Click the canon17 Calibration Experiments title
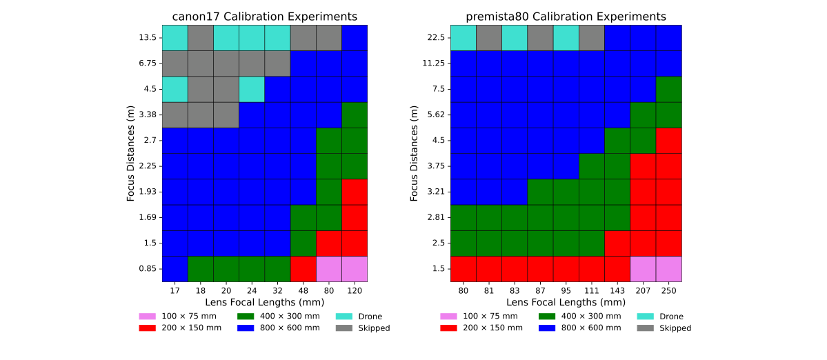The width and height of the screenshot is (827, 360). [264, 16]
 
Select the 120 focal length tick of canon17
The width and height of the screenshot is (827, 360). [354, 292]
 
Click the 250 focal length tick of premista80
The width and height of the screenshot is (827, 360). [668, 292]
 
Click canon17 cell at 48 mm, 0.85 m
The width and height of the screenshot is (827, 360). [303, 269]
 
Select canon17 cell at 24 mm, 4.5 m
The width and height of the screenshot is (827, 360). [251, 89]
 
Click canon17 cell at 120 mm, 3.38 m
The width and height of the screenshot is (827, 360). [354, 115]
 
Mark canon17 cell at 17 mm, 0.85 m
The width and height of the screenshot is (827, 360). [175, 269]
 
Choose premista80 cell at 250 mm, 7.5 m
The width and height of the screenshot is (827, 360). [668, 89]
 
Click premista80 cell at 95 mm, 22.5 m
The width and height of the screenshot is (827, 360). [566, 38]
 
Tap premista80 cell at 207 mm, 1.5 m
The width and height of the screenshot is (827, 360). [643, 269]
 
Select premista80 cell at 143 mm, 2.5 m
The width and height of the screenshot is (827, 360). [617, 243]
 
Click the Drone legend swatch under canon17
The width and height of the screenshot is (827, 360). [345, 317]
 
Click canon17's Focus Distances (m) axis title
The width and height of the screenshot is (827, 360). [131, 153]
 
